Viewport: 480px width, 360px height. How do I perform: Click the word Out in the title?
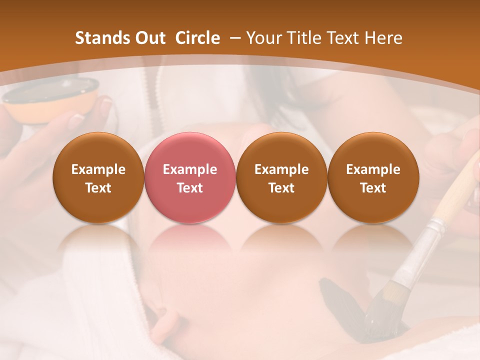tap(148, 38)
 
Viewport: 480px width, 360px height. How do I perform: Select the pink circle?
tap(189, 178)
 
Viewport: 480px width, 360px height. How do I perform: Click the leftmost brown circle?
tap(98, 178)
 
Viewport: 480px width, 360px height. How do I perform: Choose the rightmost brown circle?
tap(373, 178)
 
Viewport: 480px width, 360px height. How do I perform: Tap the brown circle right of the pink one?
tap(281, 178)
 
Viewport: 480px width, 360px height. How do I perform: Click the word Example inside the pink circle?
tap(189, 169)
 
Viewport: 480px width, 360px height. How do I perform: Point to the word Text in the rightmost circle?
tap(373, 188)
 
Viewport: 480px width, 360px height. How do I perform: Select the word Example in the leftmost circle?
tap(98, 169)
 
